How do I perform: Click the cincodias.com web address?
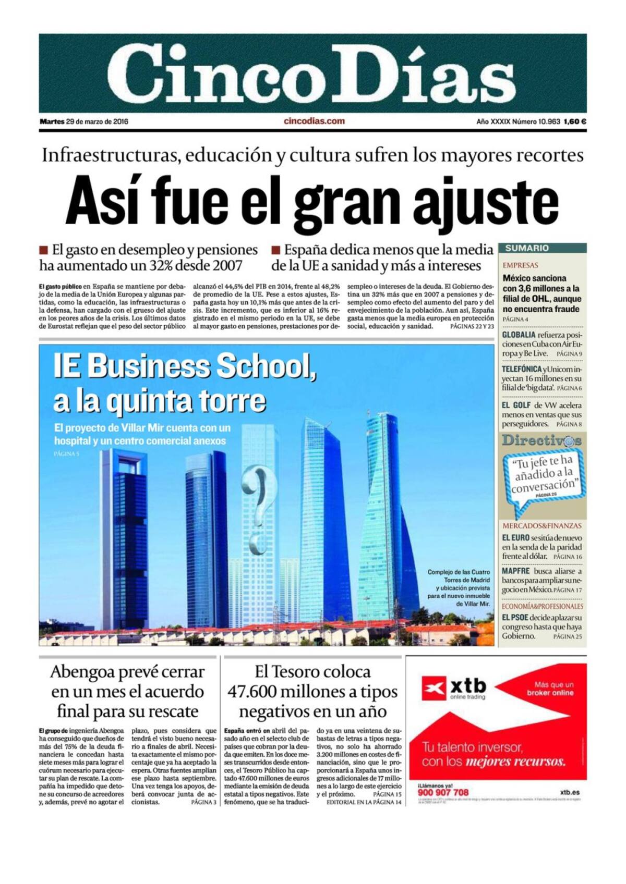click(x=314, y=121)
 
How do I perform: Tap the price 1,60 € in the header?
click(x=575, y=122)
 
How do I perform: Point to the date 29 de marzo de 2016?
click(x=97, y=122)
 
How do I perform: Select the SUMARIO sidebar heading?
click(x=526, y=249)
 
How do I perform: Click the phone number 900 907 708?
click(x=443, y=792)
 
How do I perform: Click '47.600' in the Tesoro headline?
click(x=251, y=692)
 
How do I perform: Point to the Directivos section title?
click(x=541, y=440)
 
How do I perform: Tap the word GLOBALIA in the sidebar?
click(x=518, y=335)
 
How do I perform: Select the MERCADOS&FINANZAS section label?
click(x=541, y=526)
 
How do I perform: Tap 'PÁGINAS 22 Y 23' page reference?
click(x=472, y=326)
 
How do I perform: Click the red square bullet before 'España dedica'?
click(x=276, y=250)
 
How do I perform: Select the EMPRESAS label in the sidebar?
click(x=520, y=265)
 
